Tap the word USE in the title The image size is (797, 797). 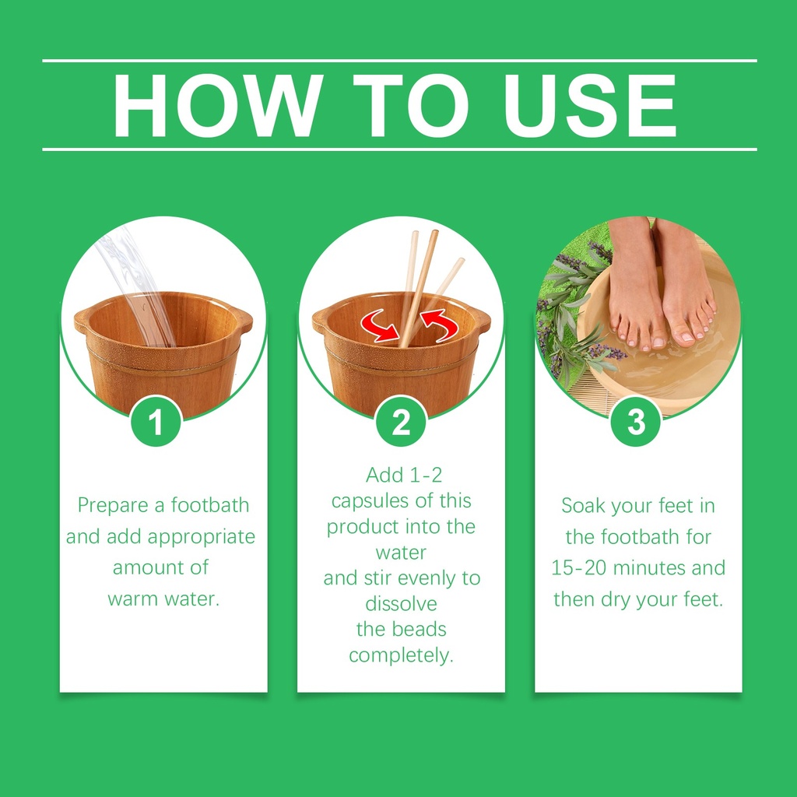click(590, 105)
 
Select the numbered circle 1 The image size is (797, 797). click(156, 421)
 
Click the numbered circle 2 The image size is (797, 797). click(401, 421)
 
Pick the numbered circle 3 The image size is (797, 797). click(636, 421)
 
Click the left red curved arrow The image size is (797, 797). click(379, 325)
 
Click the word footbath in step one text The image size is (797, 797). click(210, 505)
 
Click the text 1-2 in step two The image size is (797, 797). click(426, 476)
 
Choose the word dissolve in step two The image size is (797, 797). click(401, 604)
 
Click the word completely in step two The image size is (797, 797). click(400, 655)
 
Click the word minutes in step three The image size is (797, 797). click(649, 568)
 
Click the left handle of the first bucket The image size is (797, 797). click(81, 321)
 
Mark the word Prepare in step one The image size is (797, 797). click(113, 506)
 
